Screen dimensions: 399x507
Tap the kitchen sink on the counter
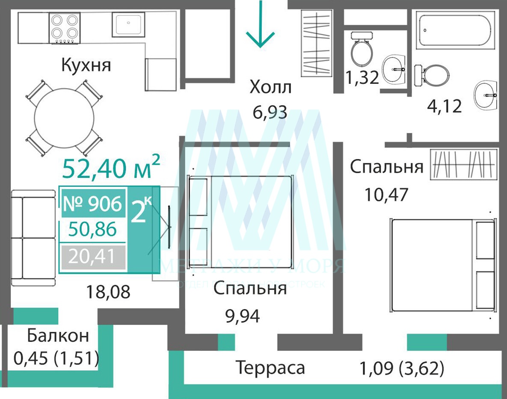tap(128, 24)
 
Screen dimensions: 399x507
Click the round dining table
tap(64, 118)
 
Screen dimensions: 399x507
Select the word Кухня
tap(86, 65)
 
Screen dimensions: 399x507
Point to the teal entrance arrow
tap(260, 26)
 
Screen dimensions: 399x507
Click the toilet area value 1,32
tap(362, 78)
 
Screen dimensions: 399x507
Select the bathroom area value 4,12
tap(445, 106)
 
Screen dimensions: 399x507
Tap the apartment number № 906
tap(92, 204)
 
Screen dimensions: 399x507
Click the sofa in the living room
tap(33, 238)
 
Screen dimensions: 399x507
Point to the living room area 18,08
tap(108, 293)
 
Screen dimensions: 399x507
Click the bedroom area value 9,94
tap(242, 317)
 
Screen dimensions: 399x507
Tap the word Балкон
tap(58, 336)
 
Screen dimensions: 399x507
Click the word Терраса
tap(270, 368)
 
